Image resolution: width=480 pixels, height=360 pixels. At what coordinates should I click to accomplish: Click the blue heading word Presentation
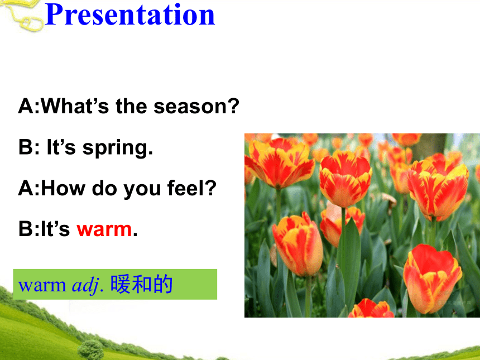click(130, 15)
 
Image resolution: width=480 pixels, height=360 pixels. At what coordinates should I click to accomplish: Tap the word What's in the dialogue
click(75, 106)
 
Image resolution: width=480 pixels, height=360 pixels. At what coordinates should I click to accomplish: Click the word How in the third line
click(63, 188)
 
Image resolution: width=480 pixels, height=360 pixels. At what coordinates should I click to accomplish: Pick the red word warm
click(104, 229)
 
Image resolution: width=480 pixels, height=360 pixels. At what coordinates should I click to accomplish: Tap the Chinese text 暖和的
click(141, 285)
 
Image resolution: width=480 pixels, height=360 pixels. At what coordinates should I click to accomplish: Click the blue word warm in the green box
click(42, 286)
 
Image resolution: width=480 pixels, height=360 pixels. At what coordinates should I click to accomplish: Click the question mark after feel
click(212, 188)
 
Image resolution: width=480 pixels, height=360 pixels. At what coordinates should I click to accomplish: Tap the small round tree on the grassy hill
click(90, 349)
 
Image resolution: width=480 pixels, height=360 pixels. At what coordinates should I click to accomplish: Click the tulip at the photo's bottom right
click(432, 279)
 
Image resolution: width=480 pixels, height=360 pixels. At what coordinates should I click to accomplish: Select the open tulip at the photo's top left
click(279, 162)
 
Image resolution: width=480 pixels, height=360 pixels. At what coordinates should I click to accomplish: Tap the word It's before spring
click(61, 147)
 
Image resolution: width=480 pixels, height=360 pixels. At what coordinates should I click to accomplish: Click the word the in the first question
click(131, 106)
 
